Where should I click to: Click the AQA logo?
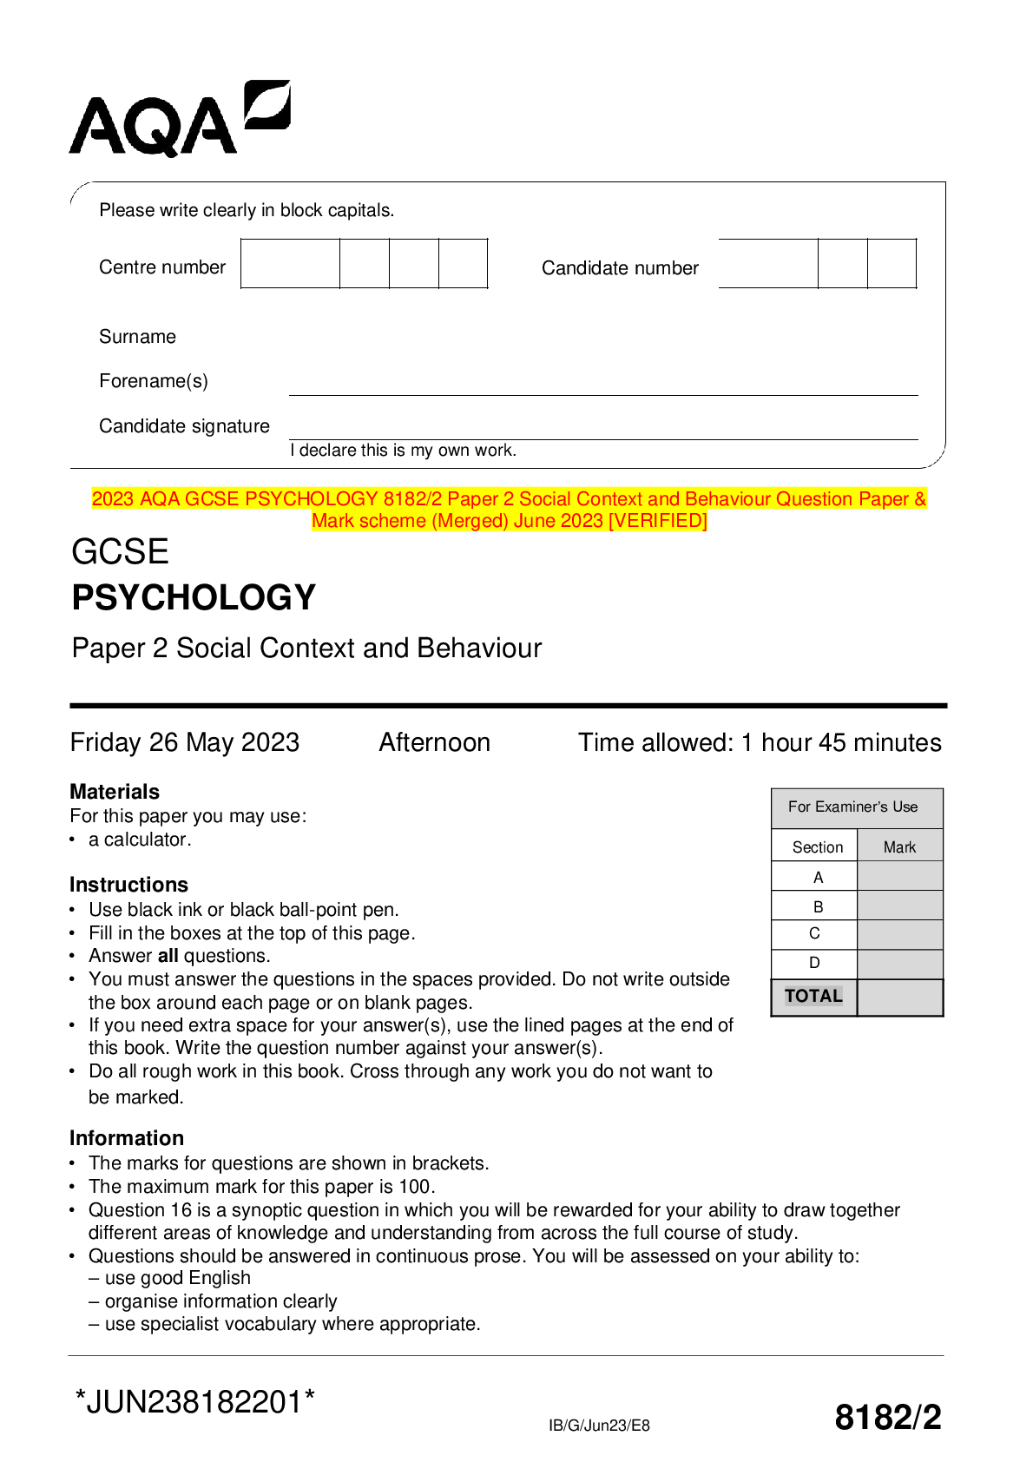(x=180, y=119)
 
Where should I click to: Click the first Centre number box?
(x=290, y=263)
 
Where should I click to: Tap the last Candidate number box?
(x=892, y=263)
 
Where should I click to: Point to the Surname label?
(x=137, y=337)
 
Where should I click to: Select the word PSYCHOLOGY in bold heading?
(x=194, y=597)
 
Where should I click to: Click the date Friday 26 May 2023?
(x=185, y=742)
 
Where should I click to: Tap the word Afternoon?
(x=434, y=742)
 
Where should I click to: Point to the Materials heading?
(x=115, y=792)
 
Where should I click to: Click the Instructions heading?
(x=128, y=885)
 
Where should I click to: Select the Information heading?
(x=127, y=1138)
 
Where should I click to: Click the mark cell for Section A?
(x=899, y=877)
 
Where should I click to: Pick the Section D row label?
(x=814, y=963)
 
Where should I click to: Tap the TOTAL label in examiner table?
(x=813, y=996)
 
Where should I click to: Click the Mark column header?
(x=899, y=847)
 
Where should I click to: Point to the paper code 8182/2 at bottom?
(x=887, y=1417)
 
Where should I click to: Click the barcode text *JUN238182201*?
(x=195, y=1402)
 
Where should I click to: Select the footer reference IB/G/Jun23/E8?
(x=599, y=1426)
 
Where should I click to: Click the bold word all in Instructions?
(x=168, y=956)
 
